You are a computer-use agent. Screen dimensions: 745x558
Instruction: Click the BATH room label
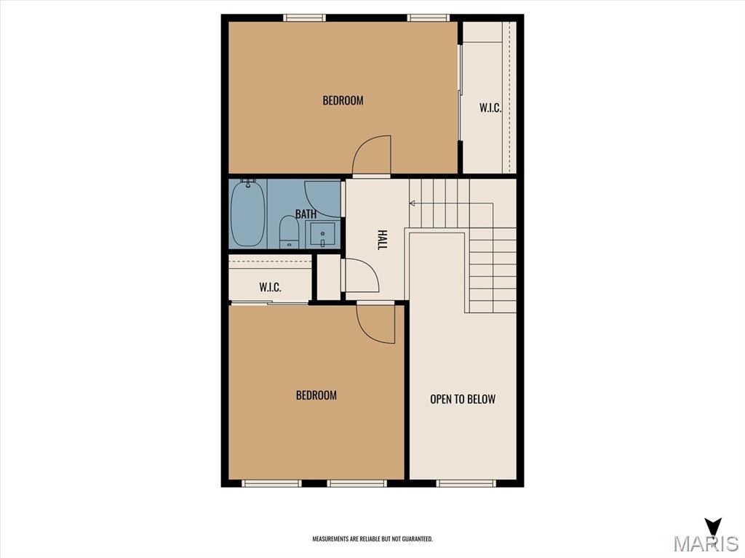pyautogui.click(x=306, y=214)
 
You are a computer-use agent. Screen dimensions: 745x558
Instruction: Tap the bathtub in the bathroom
pyautogui.click(x=247, y=213)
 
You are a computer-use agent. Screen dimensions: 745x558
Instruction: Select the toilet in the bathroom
pyautogui.click(x=288, y=232)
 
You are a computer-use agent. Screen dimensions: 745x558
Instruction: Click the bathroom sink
pyautogui.click(x=322, y=235)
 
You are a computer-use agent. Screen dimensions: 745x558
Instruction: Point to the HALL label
pyautogui.click(x=381, y=240)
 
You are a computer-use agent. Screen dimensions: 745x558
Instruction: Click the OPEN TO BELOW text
pyautogui.click(x=463, y=399)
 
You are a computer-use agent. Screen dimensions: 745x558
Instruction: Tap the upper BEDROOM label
pyautogui.click(x=343, y=100)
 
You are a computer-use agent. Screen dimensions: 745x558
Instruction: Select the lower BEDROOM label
pyautogui.click(x=316, y=395)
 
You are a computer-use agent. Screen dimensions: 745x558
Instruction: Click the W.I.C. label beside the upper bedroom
pyautogui.click(x=490, y=108)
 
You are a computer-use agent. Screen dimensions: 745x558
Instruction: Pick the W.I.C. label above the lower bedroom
pyautogui.click(x=271, y=287)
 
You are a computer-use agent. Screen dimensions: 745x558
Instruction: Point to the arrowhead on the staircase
pyautogui.click(x=412, y=203)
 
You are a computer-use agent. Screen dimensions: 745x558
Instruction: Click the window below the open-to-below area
pyautogui.click(x=466, y=483)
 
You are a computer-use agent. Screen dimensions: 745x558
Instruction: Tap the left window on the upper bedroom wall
pyautogui.click(x=305, y=18)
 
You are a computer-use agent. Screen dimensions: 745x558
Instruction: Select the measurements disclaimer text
pyautogui.click(x=372, y=539)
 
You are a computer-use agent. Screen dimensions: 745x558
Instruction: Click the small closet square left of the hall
pyautogui.click(x=329, y=278)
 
